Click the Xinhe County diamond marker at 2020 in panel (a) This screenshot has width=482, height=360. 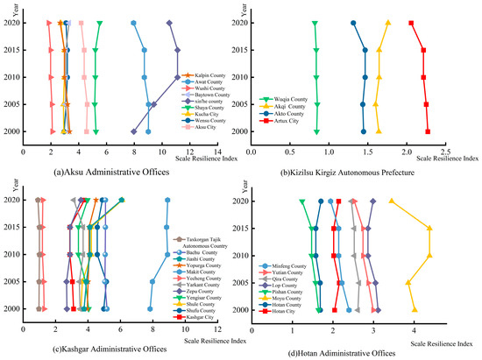169,23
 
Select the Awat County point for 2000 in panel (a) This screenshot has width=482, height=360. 148,131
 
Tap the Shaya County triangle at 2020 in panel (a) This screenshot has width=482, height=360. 100,23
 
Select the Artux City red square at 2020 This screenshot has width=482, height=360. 411,23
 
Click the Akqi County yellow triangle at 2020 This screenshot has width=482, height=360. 388,23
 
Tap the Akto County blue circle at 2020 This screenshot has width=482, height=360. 353,23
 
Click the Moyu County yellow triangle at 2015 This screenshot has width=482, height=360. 429,229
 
